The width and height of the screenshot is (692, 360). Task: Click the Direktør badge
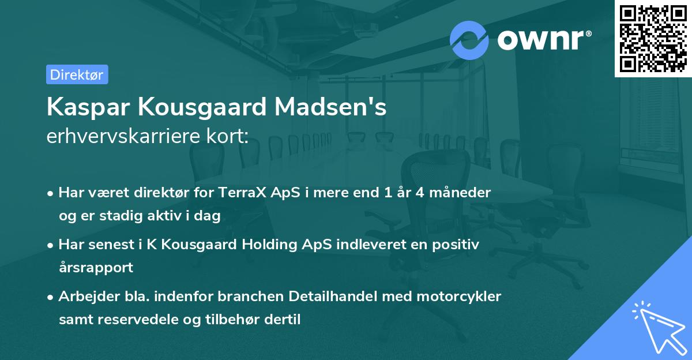[x=77, y=74]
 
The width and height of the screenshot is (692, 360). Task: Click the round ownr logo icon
[x=469, y=40]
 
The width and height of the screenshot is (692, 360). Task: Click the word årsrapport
[x=96, y=267]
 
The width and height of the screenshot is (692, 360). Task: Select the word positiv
[x=458, y=245]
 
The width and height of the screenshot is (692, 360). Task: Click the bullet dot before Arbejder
[x=51, y=297]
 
